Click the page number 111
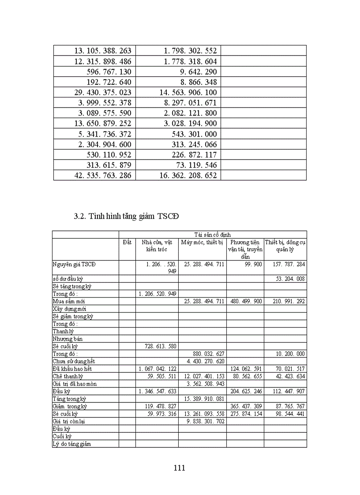[x=179, y=468]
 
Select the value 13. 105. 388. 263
[x=103, y=51]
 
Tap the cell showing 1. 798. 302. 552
[x=188, y=51]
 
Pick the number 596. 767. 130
[x=109, y=71]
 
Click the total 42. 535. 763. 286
[x=103, y=175]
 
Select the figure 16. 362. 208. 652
[x=188, y=175]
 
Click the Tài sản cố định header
[x=212, y=234]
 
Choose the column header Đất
[x=127, y=242]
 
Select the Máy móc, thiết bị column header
[x=202, y=242]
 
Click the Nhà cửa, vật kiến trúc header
[x=157, y=246]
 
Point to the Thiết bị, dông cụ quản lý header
[x=285, y=246]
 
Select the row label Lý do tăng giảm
[x=72, y=443]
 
